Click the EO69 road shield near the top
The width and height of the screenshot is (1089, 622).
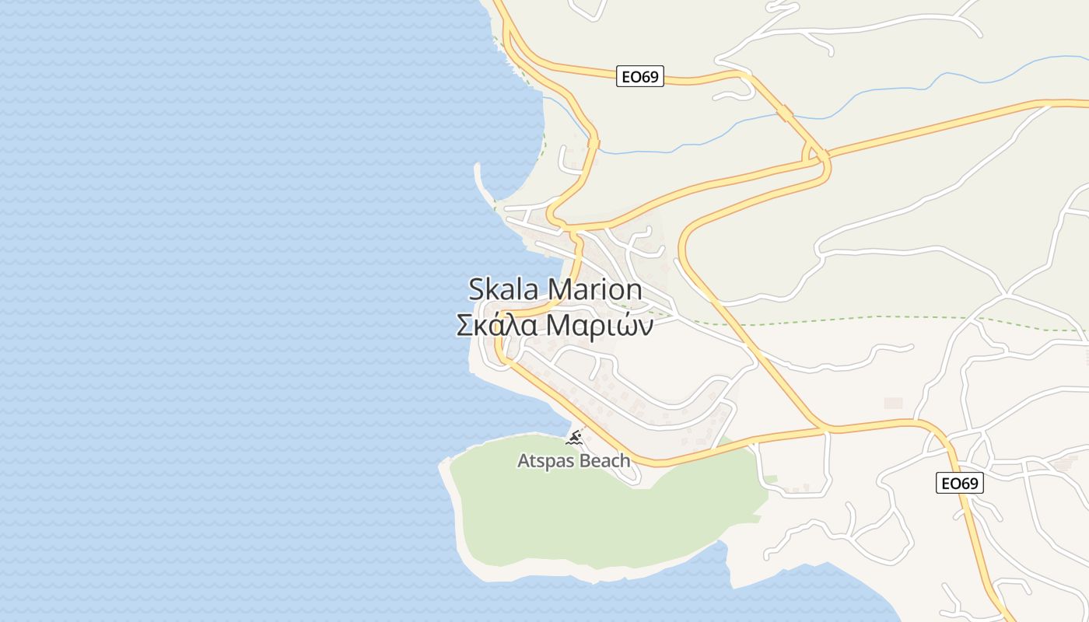pos(639,76)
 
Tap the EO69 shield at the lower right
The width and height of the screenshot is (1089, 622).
pos(959,483)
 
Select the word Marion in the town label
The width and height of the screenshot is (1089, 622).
pos(595,289)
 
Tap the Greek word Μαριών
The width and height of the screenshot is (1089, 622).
pos(599,325)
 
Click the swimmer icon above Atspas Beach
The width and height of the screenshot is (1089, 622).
pos(574,439)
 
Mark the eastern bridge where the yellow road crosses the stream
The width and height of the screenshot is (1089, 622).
pos(785,114)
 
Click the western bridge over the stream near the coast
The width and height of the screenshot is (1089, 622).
pos(594,144)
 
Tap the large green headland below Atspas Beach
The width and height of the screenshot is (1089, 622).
pos(591,513)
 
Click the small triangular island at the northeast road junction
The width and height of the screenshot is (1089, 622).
pos(815,155)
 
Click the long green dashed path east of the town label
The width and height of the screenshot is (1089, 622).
pos(856,319)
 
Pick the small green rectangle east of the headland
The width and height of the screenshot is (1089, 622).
pos(770,477)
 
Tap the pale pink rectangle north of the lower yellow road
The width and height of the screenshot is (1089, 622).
pos(893,403)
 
